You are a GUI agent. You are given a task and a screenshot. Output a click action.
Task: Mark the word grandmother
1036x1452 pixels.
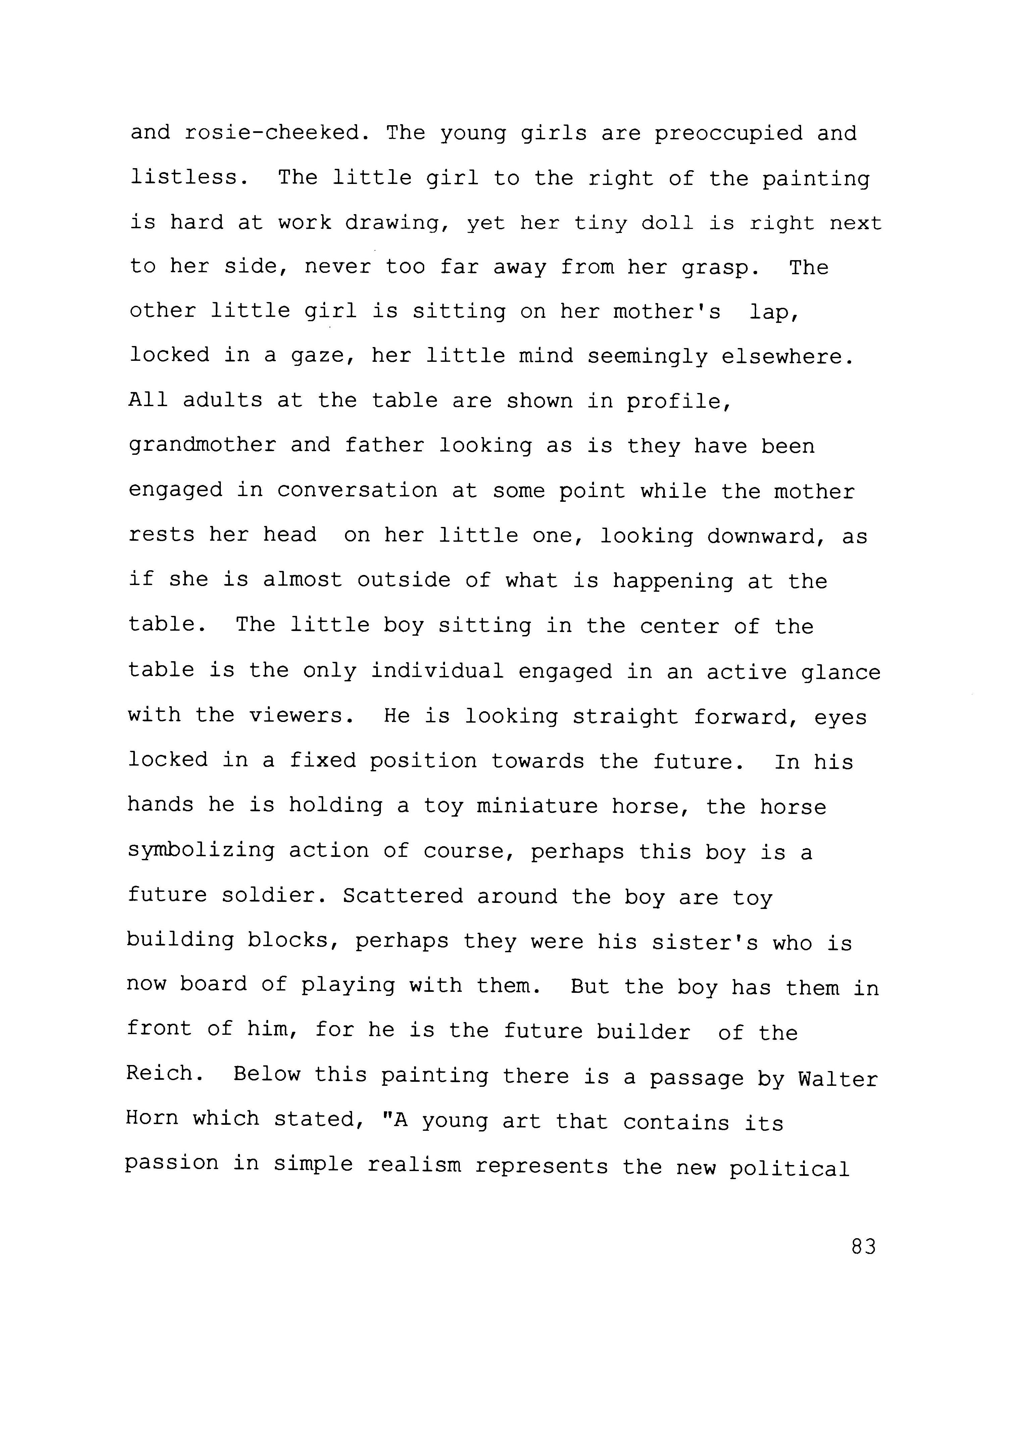[x=202, y=445]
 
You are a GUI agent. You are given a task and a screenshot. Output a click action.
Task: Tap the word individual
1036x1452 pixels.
[x=438, y=671]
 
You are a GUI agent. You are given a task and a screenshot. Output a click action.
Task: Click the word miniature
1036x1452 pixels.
[x=537, y=806]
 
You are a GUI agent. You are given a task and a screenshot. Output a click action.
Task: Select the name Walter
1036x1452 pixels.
[x=838, y=1079]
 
